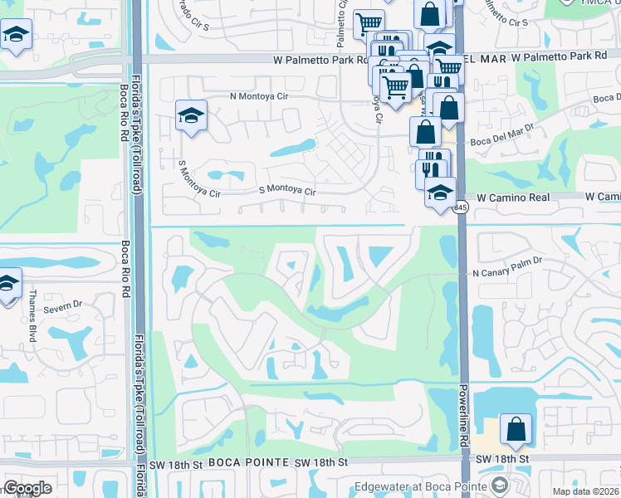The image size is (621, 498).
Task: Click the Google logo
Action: (27, 488)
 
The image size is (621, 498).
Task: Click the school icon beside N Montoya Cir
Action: (192, 116)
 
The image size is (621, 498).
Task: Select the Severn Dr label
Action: (63, 307)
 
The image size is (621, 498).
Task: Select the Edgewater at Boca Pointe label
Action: (423, 486)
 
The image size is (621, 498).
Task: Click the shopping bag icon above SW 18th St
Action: (516, 428)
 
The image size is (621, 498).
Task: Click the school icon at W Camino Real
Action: (440, 194)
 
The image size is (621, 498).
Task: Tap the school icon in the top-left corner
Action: (15, 36)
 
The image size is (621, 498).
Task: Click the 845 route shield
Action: (462, 207)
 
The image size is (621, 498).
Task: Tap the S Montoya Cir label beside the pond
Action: (288, 191)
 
